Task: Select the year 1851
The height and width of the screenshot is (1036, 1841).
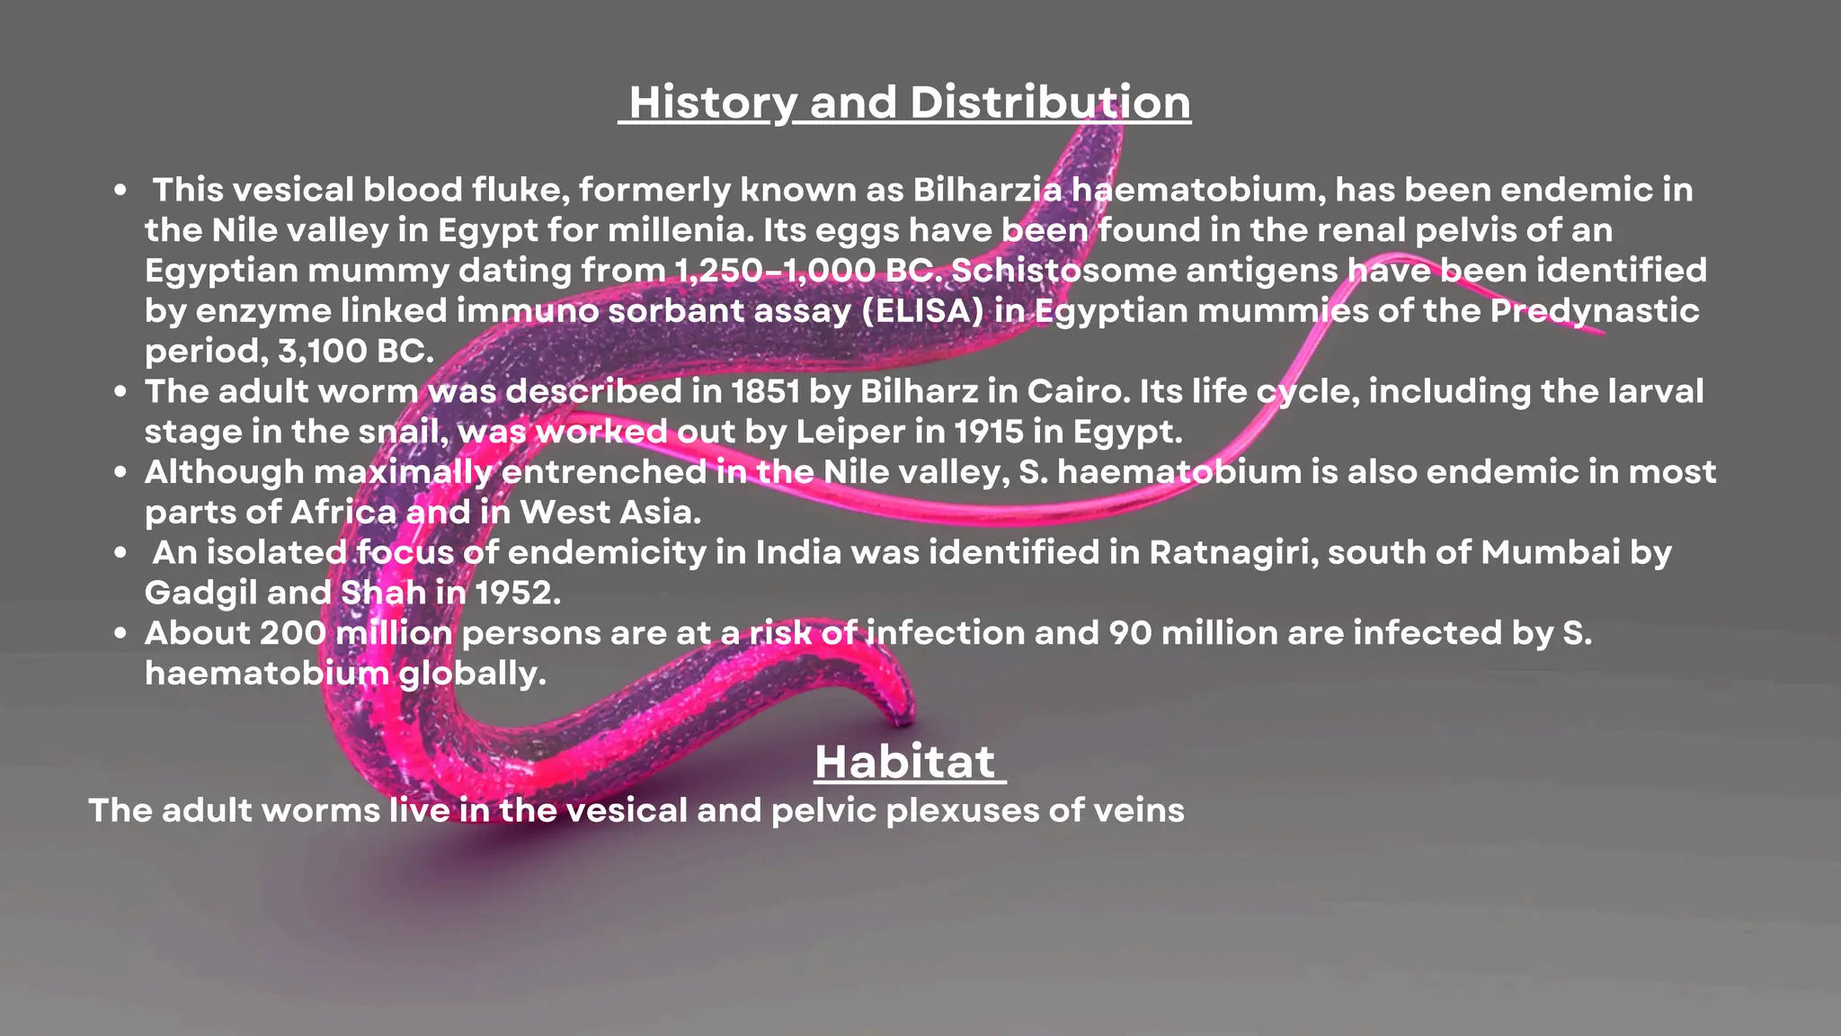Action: coord(765,391)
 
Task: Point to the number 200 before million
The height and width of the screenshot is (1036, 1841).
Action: coord(292,633)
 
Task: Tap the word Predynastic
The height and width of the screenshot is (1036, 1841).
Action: coord(1595,311)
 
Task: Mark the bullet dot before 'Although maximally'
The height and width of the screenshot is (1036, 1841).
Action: coord(120,473)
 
